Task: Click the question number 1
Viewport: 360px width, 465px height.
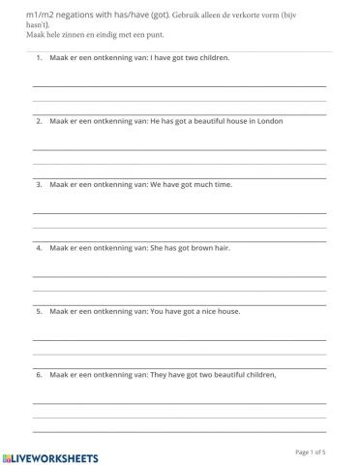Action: click(39, 57)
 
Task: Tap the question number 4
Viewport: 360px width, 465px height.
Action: click(39, 248)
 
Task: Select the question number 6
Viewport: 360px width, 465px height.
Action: click(39, 375)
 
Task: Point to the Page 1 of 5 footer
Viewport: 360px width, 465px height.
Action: click(310, 451)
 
